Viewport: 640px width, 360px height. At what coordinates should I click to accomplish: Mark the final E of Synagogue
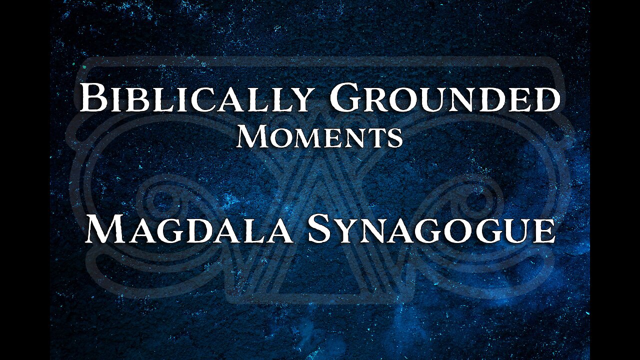point(543,230)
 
